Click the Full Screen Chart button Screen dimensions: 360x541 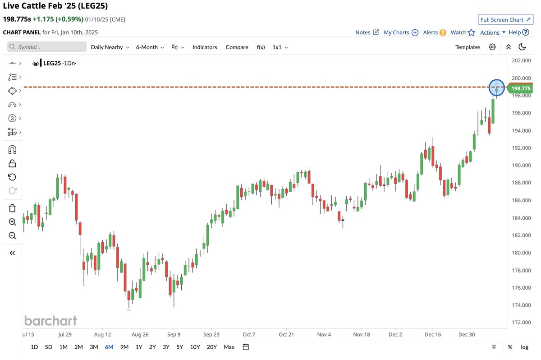click(x=505, y=20)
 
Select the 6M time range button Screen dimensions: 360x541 click(x=109, y=347)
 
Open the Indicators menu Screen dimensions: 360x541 click(x=205, y=47)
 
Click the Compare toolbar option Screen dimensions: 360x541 click(x=237, y=47)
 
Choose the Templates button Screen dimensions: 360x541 click(x=468, y=47)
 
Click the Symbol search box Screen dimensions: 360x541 click(x=47, y=47)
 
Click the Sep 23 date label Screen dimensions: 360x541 click(x=211, y=335)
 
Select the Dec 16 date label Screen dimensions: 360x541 click(x=433, y=335)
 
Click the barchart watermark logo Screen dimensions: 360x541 click(x=50, y=321)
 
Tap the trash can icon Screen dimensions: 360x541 click(x=12, y=208)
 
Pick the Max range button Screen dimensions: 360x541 click(x=229, y=347)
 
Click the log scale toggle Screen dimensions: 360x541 click(x=524, y=347)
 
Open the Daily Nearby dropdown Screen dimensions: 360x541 click(x=110, y=47)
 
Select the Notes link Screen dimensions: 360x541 click(x=367, y=32)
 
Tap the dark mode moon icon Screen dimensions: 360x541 click(x=523, y=47)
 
